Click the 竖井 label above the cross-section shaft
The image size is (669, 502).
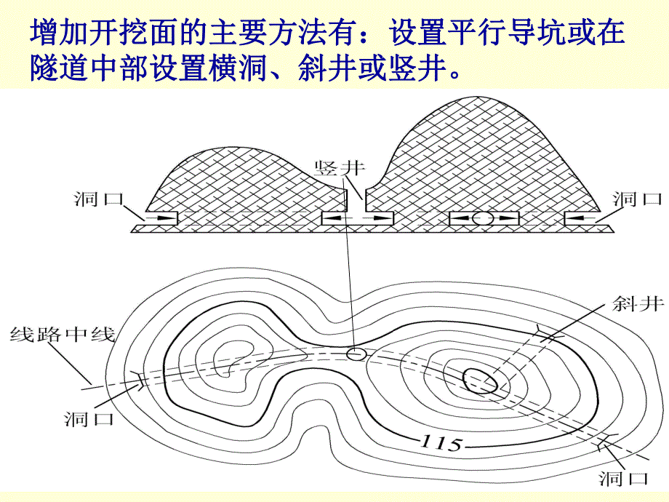[339, 168]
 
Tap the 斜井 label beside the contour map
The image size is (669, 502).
[638, 304]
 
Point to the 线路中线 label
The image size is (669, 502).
[63, 335]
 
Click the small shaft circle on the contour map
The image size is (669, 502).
[356, 354]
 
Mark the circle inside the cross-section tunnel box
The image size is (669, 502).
[482, 218]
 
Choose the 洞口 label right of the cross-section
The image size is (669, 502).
[637, 198]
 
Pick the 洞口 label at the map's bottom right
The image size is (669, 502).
[622, 478]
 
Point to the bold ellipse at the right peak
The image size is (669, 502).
[480, 380]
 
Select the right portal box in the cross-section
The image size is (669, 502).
[582, 218]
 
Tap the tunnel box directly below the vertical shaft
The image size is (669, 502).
[357, 218]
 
